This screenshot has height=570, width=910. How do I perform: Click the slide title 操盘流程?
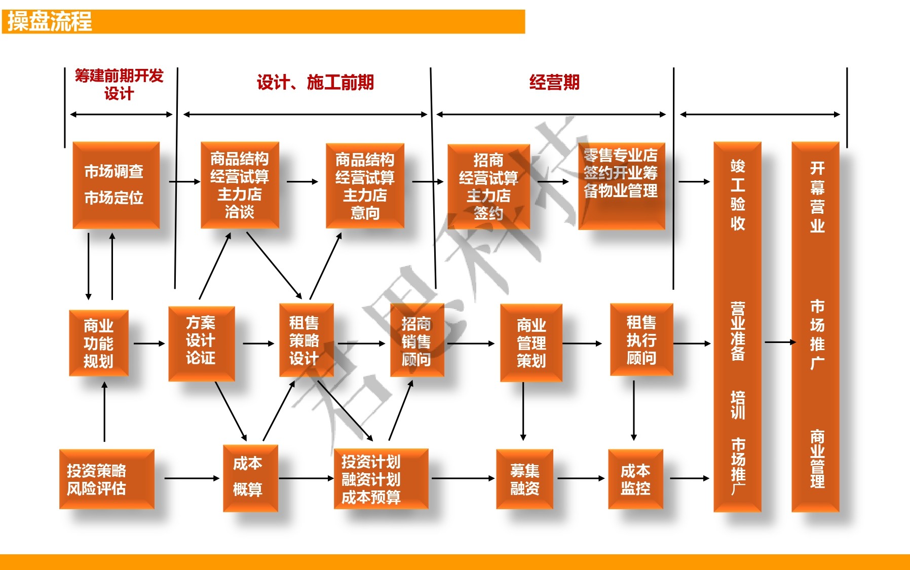[50, 22]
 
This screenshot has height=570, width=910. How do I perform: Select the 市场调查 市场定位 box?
[116, 185]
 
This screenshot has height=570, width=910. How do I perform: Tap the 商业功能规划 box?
[99, 343]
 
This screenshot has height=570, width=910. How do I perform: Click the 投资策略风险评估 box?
[107, 479]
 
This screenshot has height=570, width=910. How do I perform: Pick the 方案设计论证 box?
[202, 343]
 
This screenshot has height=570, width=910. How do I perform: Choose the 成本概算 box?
[250, 478]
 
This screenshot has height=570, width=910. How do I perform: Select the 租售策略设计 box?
[307, 340]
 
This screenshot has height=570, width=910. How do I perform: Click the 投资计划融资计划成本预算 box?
[381, 479]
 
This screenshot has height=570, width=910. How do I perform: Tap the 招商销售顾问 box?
[417, 340]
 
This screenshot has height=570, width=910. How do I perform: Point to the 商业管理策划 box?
[531, 343]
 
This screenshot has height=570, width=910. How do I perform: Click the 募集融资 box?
[524, 479]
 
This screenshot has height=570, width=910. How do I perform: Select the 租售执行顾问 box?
[641, 339]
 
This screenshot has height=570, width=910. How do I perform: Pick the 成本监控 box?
[635, 479]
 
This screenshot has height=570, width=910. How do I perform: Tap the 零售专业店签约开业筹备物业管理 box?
[622, 186]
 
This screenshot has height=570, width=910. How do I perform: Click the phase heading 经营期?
[554, 82]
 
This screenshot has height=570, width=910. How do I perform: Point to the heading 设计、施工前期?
[315, 82]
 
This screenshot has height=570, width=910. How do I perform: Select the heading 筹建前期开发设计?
[119, 85]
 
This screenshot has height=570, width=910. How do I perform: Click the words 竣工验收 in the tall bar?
[738, 195]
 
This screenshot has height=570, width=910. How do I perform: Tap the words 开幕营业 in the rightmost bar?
[817, 197]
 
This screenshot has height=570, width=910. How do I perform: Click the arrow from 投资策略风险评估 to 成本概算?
[192, 478]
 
